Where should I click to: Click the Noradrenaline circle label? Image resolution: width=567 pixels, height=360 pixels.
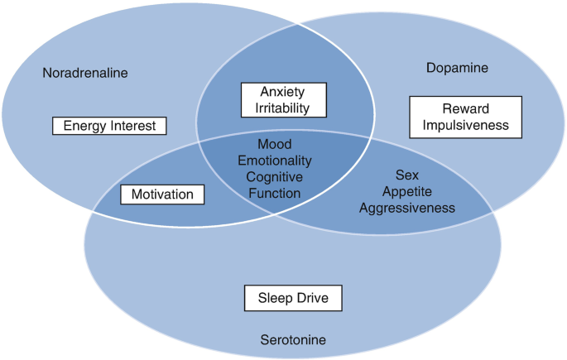pyautogui.click(x=85, y=73)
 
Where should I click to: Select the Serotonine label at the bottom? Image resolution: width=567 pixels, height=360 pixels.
pyautogui.click(x=293, y=339)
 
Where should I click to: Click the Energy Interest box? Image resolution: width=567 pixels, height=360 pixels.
pyautogui.click(x=110, y=126)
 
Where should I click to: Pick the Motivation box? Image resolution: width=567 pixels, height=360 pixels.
pyautogui.click(x=162, y=194)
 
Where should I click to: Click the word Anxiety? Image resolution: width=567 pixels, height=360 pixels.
pyautogui.click(x=283, y=91)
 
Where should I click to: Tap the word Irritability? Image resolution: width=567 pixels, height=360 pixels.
pyautogui.click(x=283, y=108)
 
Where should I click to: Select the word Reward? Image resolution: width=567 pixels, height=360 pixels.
pyautogui.click(x=466, y=108)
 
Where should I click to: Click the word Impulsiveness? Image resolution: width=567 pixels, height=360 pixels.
pyautogui.click(x=466, y=126)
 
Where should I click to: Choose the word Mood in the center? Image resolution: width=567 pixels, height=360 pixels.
pyautogui.click(x=275, y=144)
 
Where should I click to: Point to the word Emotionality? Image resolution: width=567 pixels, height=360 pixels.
pyautogui.click(x=275, y=161)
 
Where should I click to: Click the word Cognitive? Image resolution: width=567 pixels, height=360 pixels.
pyautogui.click(x=275, y=177)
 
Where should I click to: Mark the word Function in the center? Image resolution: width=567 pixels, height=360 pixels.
pyautogui.click(x=275, y=194)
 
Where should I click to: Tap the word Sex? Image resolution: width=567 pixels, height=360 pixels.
pyautogui.click(x=407, y=175)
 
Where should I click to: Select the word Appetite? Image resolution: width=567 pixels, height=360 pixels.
pyautogui.click(x=407, y=191)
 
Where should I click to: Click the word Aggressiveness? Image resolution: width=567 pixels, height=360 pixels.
pyautogui.click(x=407, y=208)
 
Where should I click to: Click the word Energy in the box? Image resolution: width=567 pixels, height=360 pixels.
pyautogui.click(x=83, y=126)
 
